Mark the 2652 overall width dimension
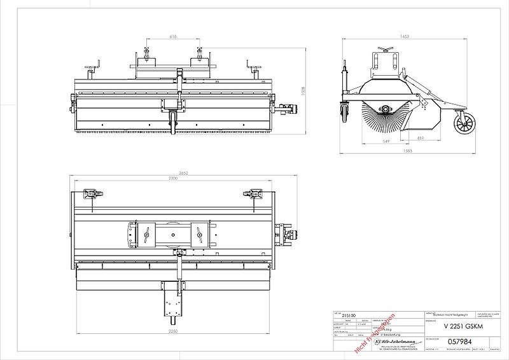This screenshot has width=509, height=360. [x=183, y=174]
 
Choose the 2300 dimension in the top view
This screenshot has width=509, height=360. [x=172, y=180]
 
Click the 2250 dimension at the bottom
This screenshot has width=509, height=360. [x=174, y=331]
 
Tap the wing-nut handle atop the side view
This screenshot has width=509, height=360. [x=384, y=49]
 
